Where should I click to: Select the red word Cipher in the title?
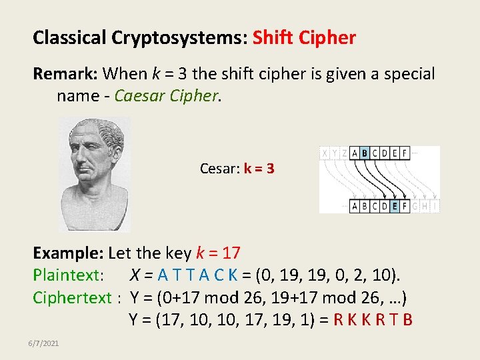point(329,38)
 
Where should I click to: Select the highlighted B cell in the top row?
point(364,153)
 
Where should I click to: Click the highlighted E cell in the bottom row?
point(395,206)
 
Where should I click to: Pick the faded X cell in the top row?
point(325,153)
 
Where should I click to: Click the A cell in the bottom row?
point(354,206)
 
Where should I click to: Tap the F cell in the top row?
point(405,153)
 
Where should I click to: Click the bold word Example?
point(69,253)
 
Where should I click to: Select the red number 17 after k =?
point(232,253)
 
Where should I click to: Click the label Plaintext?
point(68,275)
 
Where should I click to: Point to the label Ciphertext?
point(71,297)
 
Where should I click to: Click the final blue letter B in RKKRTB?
point(407,320)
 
